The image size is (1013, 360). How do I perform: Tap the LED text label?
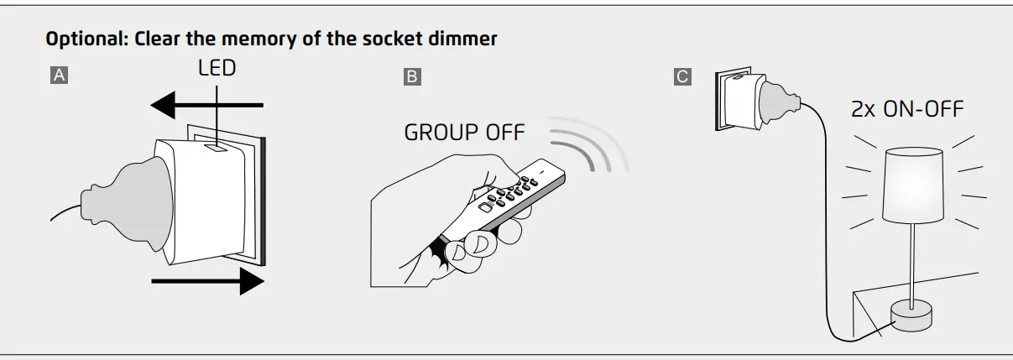(217, 68)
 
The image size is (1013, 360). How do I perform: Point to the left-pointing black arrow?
(206, 106)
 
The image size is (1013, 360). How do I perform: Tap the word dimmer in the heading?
(472, 39)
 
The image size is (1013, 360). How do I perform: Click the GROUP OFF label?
(464, 133)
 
